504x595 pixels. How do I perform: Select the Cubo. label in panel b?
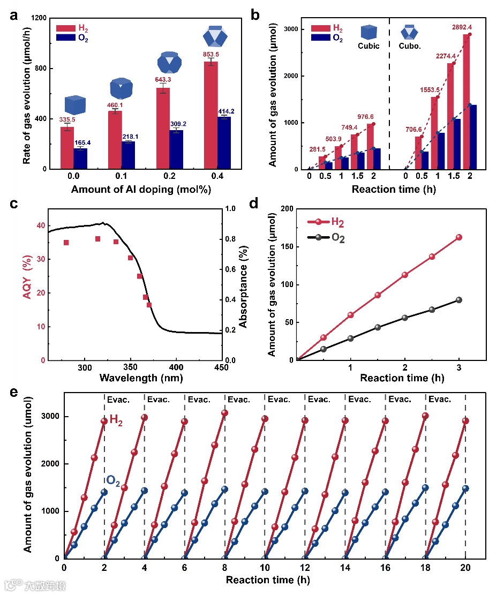click(x=410, y=46)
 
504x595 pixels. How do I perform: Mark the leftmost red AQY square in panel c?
click(x=66, y=243)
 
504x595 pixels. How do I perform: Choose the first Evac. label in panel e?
click(x=117, y=399)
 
